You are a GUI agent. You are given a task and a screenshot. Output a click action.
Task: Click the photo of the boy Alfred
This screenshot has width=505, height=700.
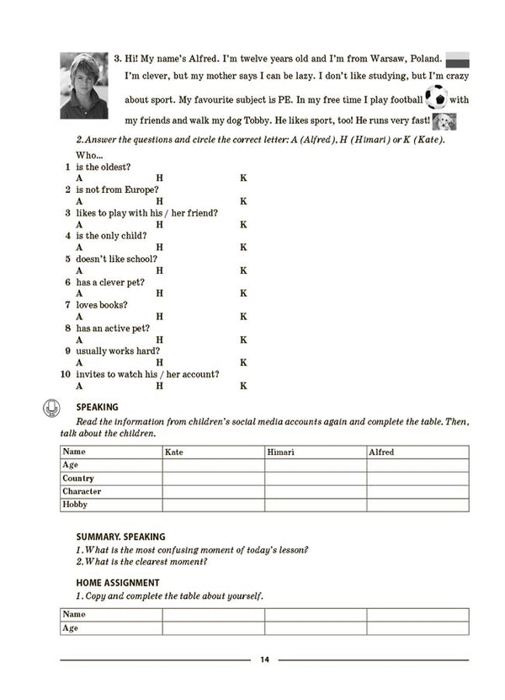[83, 85]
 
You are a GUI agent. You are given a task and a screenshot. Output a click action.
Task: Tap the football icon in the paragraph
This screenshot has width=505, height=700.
[436, 99]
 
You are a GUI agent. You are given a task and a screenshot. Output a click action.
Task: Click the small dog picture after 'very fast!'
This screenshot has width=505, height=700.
[444, 121]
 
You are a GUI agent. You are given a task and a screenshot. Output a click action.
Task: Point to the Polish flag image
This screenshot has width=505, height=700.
[456, 60]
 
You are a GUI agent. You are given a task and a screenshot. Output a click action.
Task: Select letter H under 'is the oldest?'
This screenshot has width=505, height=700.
[159, 179]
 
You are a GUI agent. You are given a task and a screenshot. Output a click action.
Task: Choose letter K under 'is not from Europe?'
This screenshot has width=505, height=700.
[243, 201]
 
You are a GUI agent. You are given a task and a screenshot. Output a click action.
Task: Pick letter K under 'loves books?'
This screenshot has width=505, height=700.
[243, 317]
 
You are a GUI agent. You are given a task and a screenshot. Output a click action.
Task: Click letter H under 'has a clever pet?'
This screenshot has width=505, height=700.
[159, 293]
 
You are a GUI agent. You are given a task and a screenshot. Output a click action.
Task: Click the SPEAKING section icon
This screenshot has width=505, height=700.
[50, 409]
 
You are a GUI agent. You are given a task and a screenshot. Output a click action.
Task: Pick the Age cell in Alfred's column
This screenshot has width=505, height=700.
[417, 465]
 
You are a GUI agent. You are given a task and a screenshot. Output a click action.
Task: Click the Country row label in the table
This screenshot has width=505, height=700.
[78, 478]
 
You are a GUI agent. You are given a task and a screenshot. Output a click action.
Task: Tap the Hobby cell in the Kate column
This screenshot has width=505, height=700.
[213, 505]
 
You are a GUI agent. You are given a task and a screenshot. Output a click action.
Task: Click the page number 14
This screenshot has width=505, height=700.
[264, 660]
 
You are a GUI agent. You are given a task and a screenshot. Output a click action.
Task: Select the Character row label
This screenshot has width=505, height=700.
[82, 491]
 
